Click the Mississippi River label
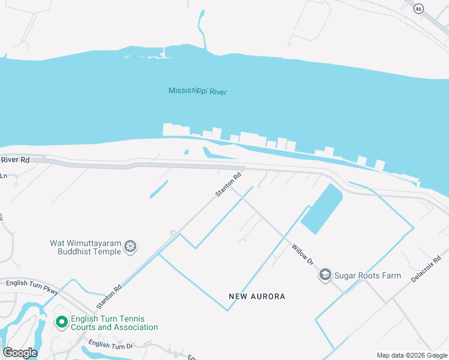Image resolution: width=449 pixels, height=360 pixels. (x=197, y=91)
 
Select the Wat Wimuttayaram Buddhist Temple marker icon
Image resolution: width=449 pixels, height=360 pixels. (x=130, y=246)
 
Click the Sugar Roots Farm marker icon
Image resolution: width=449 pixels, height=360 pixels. (x=325, y=275)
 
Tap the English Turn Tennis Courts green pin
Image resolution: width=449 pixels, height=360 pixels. (x=61, y=323)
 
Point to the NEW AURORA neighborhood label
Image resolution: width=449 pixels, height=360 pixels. (x=257, y=296)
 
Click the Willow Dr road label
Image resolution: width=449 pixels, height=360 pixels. (x=303, y=254)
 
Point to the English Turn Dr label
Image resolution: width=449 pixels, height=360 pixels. (x=110, y=344)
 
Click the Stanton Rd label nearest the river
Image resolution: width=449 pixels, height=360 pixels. (x=229, y=185)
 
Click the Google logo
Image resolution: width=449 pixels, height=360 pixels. (x=20, y=353)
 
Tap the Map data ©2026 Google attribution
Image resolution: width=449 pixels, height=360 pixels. (x=412, y=355)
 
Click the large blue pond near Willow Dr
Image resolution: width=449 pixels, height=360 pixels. (x=321, y=209)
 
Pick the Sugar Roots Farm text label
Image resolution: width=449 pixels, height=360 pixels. (x=368, y=275)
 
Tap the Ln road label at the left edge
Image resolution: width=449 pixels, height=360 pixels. (x=4, y=176)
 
